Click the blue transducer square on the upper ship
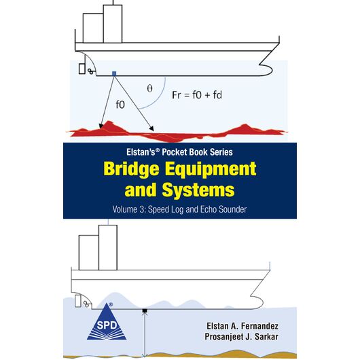(x=114, y=73)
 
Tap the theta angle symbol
(x=149, y=88)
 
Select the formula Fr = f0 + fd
(x=197, y=95)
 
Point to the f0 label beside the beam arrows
(x=120, y=105)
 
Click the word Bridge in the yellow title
(x=131, y=170)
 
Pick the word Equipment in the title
(x=211, y=170)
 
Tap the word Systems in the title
(x=198, y=190)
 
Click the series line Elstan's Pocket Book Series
(x=179, y=152)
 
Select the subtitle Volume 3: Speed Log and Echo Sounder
(x=179, y=209)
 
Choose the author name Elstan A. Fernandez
(x=242, y=326)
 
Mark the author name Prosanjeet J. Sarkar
(x=241, y=337)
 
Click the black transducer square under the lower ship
(x=145, y=310)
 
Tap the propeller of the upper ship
(x=91, y=71)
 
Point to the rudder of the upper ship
(x=82, y=69)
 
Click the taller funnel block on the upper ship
(x=113, y=24)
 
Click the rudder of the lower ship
(x=78, y=301)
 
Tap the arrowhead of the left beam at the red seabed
(x=101, y=126)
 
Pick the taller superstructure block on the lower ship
(x=108, y=248)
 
